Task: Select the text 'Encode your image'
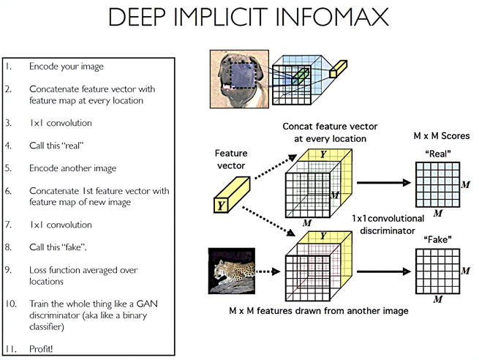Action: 67,67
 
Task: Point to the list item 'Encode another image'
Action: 72,168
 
